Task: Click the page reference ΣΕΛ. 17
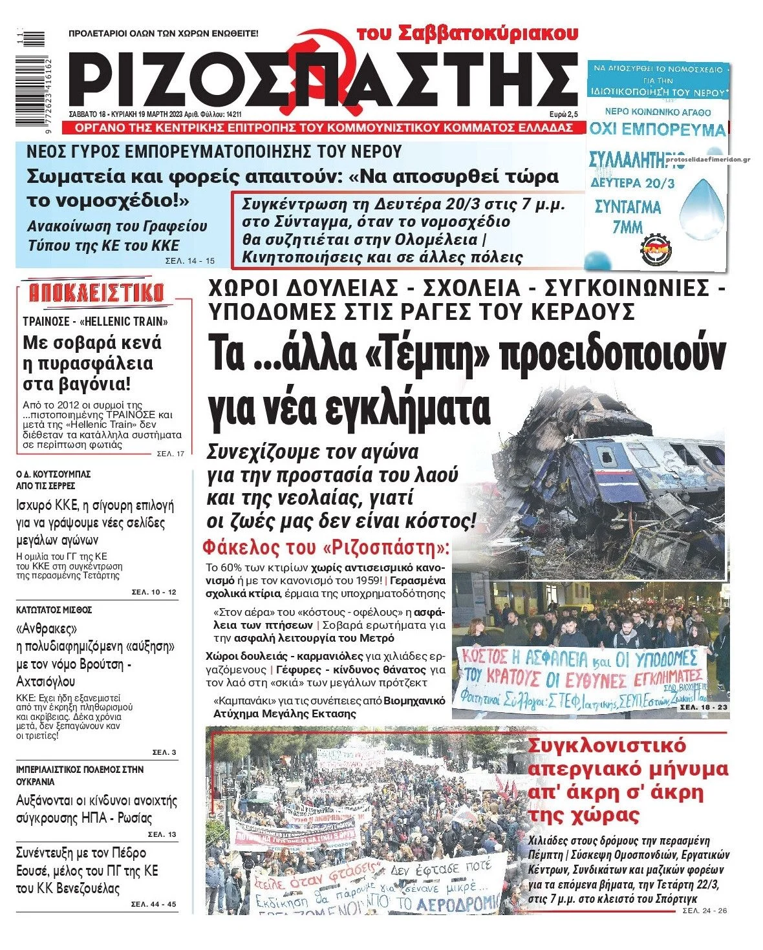coord(171,454)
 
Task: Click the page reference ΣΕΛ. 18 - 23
coord(703,708)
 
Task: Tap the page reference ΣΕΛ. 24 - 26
coord(705,911)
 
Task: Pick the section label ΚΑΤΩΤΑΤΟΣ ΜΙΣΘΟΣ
coord(54,609)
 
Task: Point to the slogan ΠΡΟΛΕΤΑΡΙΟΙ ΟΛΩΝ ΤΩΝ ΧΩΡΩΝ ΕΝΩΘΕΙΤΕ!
coord(163,32)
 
